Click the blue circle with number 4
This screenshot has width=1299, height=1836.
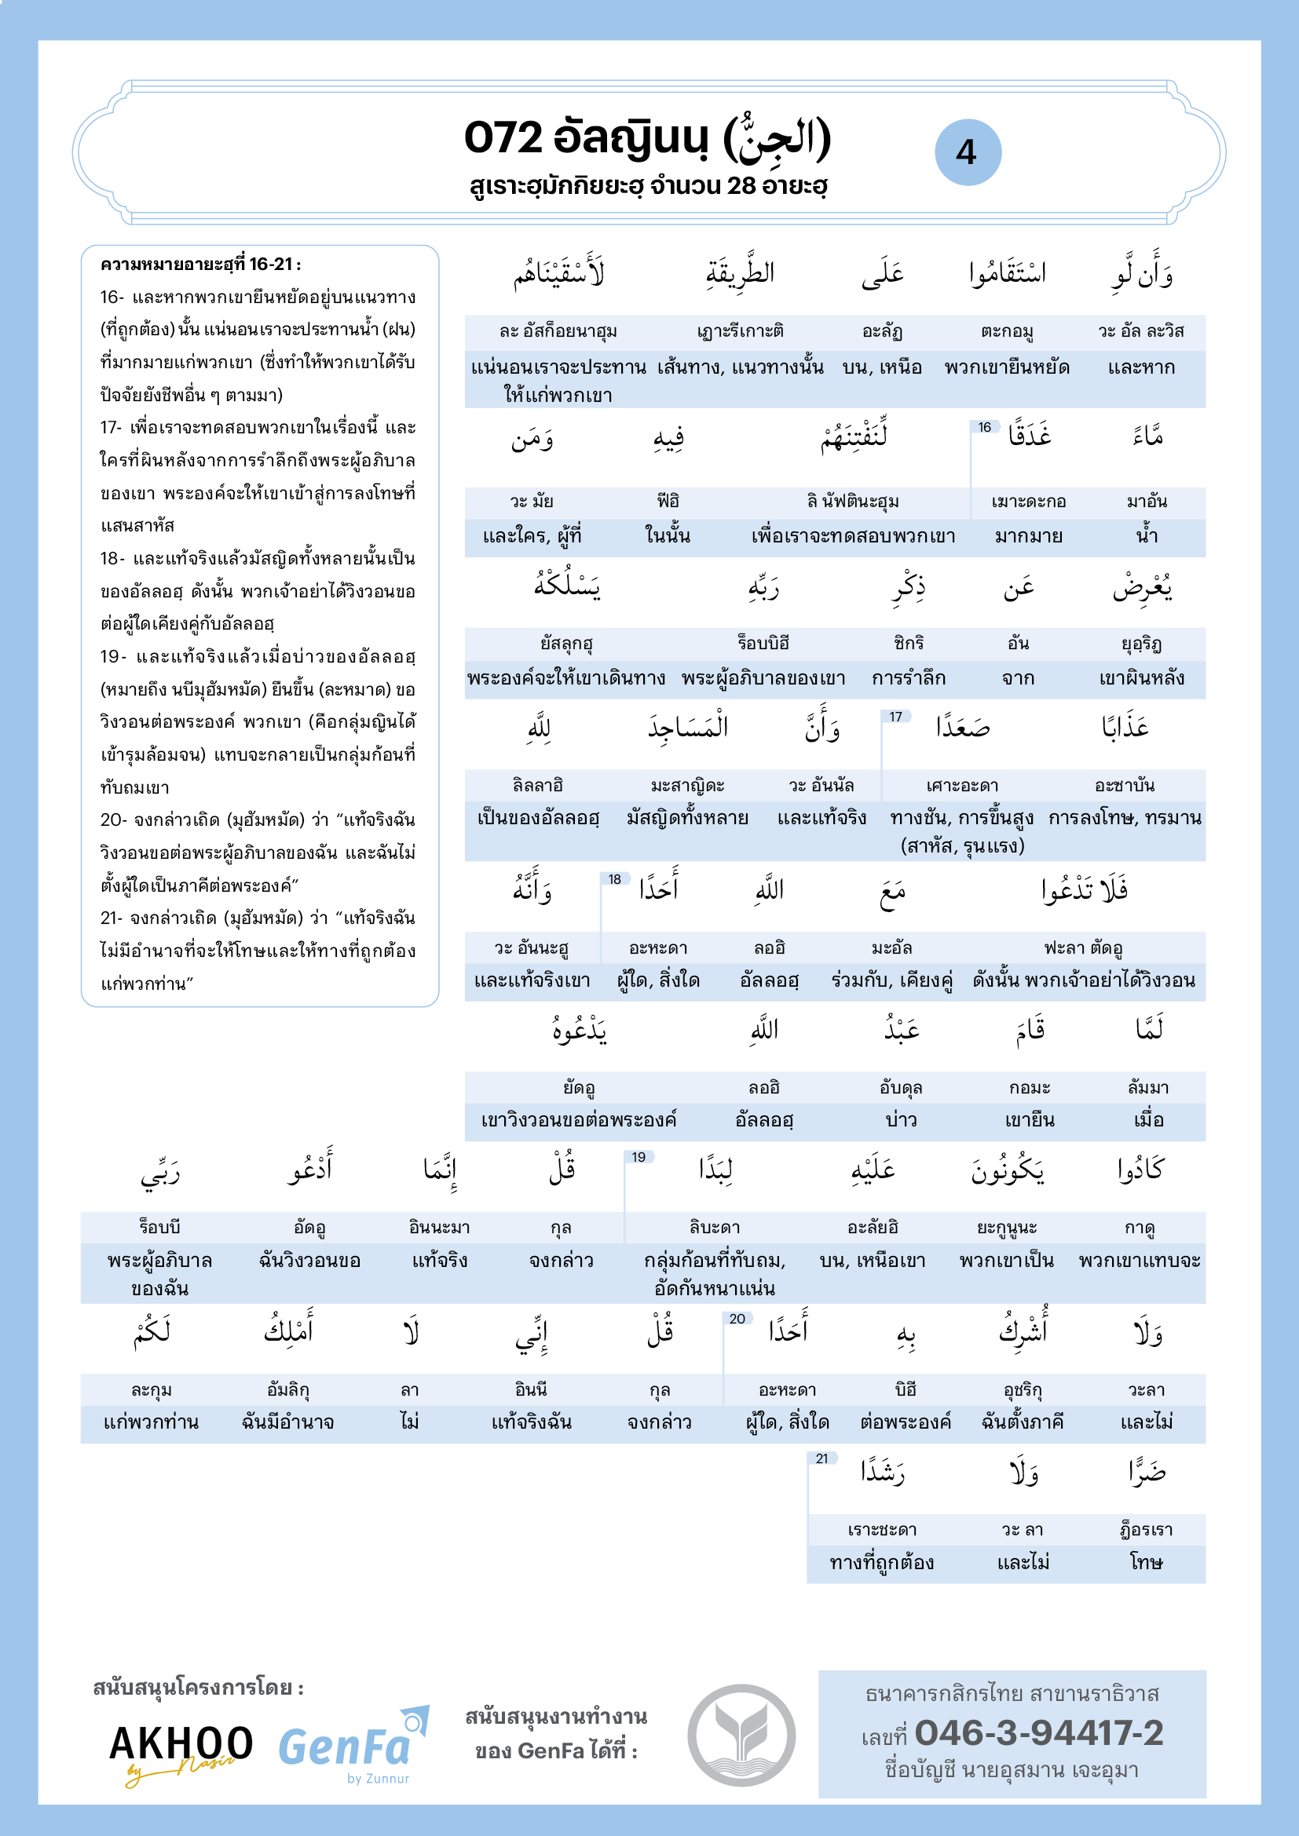(x=967, y=152)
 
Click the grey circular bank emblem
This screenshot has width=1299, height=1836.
(x=741, y=1735)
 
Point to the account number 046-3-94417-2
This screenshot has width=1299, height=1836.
(x=1038, y=1733)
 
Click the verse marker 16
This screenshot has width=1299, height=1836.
(x=985, y=428)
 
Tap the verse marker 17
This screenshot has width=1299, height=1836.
(x=896, y=717)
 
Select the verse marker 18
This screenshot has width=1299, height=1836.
(x=614, y=880)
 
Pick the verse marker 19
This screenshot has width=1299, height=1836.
(x=639, y=1157)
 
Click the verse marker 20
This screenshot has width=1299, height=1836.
(x=737, y=1319)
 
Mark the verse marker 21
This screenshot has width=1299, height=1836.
(x=821, y=1458)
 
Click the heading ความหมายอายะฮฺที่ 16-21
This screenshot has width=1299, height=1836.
(x=200, y=265)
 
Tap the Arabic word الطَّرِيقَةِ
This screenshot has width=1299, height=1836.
(x=740, y=273)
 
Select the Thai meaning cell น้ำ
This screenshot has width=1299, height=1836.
(x=1147, y=536)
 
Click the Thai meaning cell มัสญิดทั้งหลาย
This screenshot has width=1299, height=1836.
(x=687, y=818)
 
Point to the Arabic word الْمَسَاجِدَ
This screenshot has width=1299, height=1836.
(x=688, y=728)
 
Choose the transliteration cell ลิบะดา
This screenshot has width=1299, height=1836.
(x=714, y=1227)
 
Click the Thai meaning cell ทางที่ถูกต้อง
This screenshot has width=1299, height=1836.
(x=881, y=1563)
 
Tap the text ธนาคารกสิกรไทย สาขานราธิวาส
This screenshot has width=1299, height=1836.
(x=1012, y=1694)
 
